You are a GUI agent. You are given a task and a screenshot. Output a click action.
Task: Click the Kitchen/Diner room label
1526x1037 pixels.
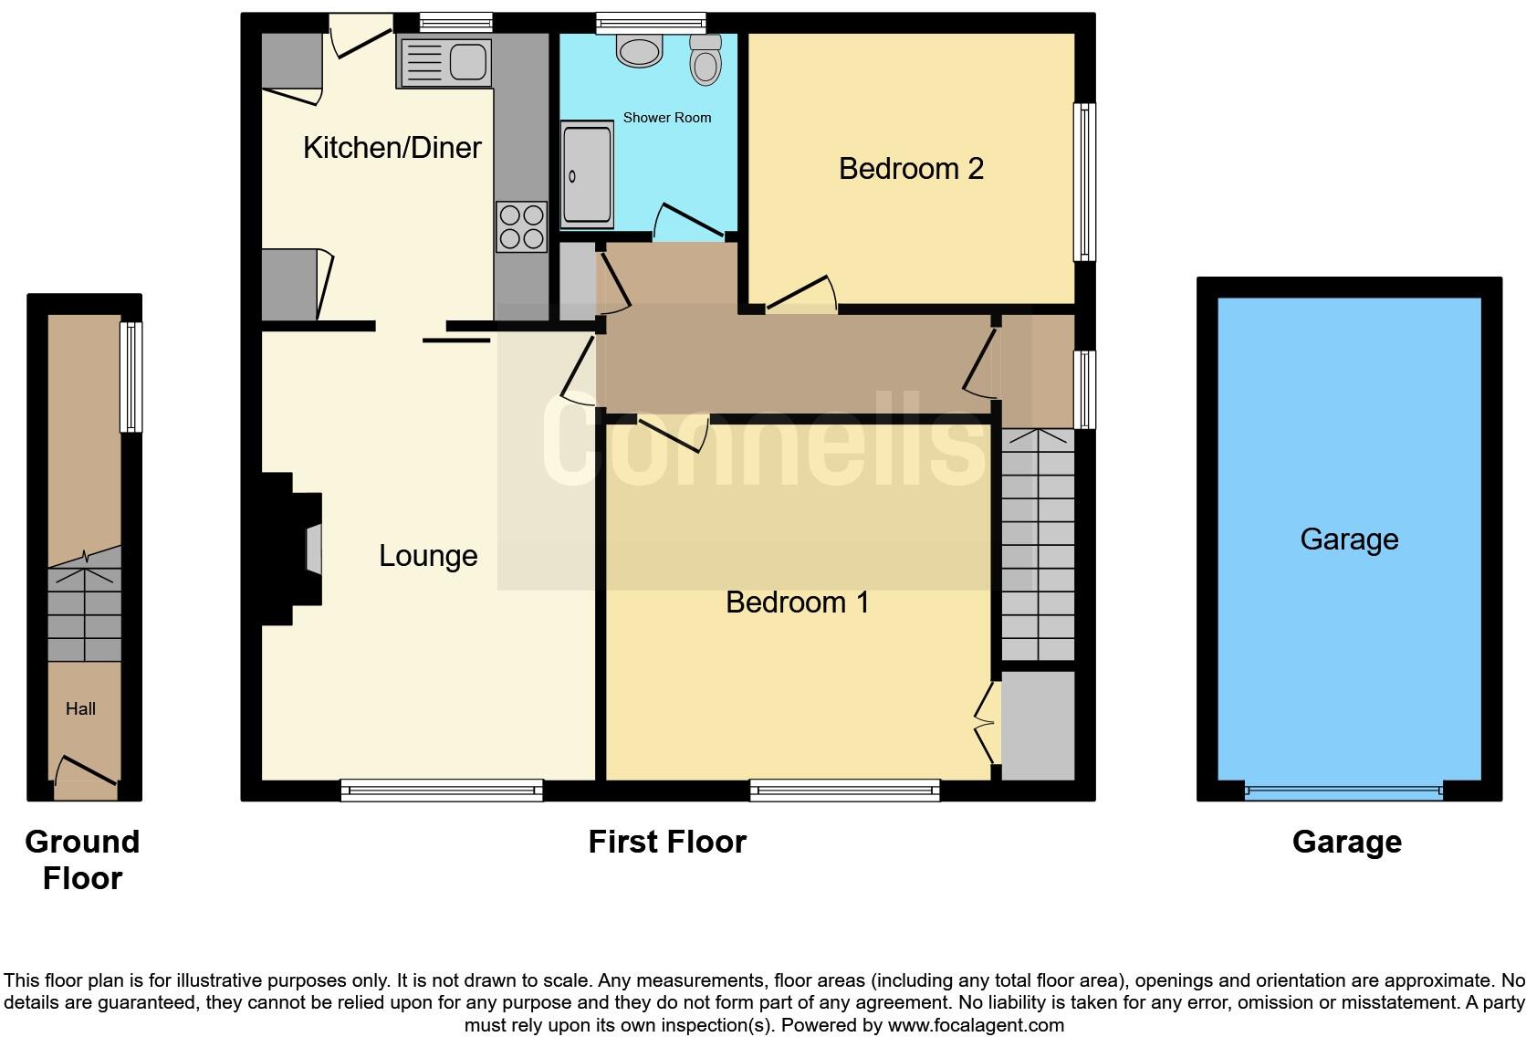pyautogui.click(x=392, y=148)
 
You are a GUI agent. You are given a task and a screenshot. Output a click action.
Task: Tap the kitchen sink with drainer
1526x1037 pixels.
pyautogui.click(x=445, y=62)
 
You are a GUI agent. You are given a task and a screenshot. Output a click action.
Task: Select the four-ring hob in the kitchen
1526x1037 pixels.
pyautogui.click(x=521, y=226)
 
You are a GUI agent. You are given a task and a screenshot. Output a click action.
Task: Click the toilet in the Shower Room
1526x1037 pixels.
pyautogui.click(x=706, y=59)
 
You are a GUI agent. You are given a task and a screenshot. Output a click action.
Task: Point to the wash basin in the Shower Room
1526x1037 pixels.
pyautogui.click(x=639, y=50)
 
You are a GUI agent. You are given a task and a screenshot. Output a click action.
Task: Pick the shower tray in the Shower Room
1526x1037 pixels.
pyautogui.click(x=586, y=175)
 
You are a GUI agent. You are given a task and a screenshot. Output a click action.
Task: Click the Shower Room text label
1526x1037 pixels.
pyautogui.click(x=666, y=118)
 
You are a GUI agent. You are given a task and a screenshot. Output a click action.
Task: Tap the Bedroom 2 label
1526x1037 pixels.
pyautogui.click(x=911, y=169)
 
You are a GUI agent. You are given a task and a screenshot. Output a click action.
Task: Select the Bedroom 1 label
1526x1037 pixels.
pyautogui.click(x=797, y=602)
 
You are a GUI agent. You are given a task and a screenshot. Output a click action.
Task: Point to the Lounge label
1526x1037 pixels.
pyautogui.click(x=428, y=556)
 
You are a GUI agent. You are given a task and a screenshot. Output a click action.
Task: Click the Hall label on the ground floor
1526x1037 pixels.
pyautogui.click(x=80, y=709)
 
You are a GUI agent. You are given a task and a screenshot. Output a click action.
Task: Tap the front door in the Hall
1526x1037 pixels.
pyautogui.click(x=86, y=772)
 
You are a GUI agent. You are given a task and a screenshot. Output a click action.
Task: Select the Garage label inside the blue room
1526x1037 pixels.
pyautogui.click(x=1349, y=539)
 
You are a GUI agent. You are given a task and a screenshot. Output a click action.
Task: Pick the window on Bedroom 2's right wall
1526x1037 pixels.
pyautogui.click(x=1084, y=182)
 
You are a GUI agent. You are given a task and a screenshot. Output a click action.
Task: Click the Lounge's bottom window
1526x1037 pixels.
pyautogui.click(x=442, y=791)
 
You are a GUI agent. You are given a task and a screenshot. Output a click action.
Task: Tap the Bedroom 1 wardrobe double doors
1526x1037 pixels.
pyautogui.click(x=986, y=724)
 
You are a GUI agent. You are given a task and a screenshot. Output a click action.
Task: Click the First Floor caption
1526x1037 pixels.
pyautogui.click(x=667, y=842)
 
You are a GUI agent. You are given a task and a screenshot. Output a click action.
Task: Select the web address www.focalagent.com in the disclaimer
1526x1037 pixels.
pyautogui.click(x=976, y=1025)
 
